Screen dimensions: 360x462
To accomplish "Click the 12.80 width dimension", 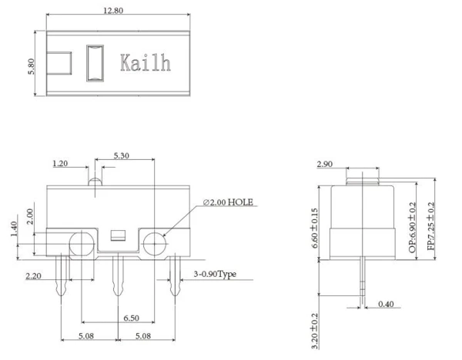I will coord(113,10).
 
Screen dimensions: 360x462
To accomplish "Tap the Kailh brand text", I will coord(144,63).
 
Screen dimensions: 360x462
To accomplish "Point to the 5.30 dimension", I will coord(122,156).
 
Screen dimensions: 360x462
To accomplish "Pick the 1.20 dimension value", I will coord(62,164).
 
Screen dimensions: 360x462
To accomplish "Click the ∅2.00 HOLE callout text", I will coord(229,202).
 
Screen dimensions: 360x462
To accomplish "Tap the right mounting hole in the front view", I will coord(154,245).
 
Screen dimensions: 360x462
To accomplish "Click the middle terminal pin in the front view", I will coord(117,277).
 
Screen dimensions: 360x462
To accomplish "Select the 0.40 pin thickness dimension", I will coord(386,305).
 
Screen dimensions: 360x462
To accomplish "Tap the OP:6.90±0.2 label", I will coord(413,229).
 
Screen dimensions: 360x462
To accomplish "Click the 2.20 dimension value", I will coord(33,275).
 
